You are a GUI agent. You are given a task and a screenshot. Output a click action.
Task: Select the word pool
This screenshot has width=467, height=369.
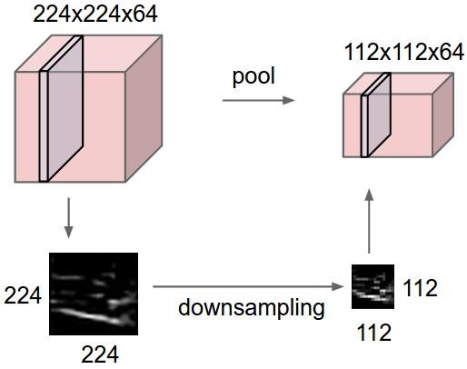tap(253, 75)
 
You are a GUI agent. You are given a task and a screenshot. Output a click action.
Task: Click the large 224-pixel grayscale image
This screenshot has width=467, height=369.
tap(93, 294)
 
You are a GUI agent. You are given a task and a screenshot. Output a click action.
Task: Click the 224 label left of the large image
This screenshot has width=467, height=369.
tap(23, 296)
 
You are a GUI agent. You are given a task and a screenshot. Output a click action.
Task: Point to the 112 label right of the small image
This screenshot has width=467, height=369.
tap(421, 290)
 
